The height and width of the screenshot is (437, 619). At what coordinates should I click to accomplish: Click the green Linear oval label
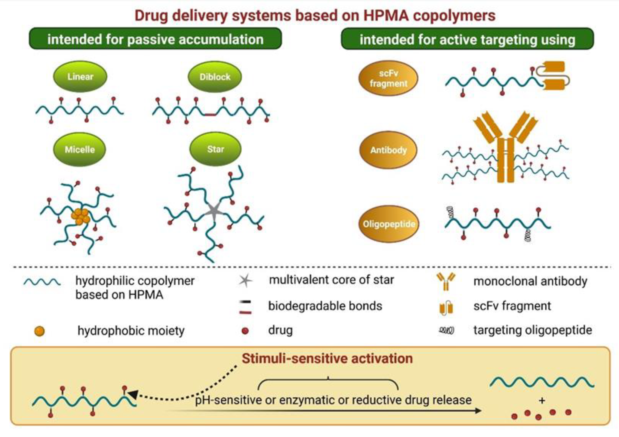80,77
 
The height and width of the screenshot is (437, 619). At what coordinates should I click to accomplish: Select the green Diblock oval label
215,77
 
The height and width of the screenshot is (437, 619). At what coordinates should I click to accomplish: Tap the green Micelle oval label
79,149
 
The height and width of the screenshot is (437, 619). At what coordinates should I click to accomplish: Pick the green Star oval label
215,149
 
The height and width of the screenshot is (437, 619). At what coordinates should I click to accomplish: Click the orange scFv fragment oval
388,78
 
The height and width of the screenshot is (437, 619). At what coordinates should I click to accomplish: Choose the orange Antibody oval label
388,150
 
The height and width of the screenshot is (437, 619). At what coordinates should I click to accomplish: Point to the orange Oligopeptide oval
389,224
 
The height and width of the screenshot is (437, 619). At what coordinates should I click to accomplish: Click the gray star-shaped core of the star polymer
214,211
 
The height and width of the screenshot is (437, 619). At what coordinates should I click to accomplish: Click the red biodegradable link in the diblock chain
210,115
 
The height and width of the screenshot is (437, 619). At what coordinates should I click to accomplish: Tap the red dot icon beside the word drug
245,331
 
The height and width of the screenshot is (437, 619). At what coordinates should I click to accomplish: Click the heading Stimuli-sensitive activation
327,358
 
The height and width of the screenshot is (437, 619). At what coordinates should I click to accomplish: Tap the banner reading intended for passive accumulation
155,39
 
